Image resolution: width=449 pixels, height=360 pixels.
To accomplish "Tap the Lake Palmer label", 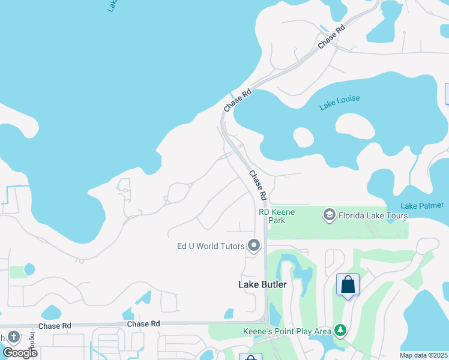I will click(422, 205).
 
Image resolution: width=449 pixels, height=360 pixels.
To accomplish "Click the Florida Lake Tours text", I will click(373, 215).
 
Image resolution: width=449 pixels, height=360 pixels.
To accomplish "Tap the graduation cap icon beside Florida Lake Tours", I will click(328, 215).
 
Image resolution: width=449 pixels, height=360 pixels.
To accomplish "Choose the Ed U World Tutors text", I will click(211, 246).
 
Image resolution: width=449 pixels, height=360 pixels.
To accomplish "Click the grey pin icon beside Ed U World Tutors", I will click(254, 245).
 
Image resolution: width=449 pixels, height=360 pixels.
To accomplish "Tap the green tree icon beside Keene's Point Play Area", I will click(340, 330).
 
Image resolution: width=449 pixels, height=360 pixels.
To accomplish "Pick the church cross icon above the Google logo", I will click(13, 337).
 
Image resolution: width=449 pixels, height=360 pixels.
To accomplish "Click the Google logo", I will click(20, 352).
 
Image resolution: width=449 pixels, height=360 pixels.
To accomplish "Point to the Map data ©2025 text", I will click(423, 355).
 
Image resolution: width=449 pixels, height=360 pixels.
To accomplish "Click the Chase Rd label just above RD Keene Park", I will click(258, 185).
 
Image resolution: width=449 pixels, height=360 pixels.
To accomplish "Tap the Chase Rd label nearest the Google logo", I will click(55, 326).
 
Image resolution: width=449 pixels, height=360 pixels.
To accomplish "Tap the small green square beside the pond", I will click(17, 272).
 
